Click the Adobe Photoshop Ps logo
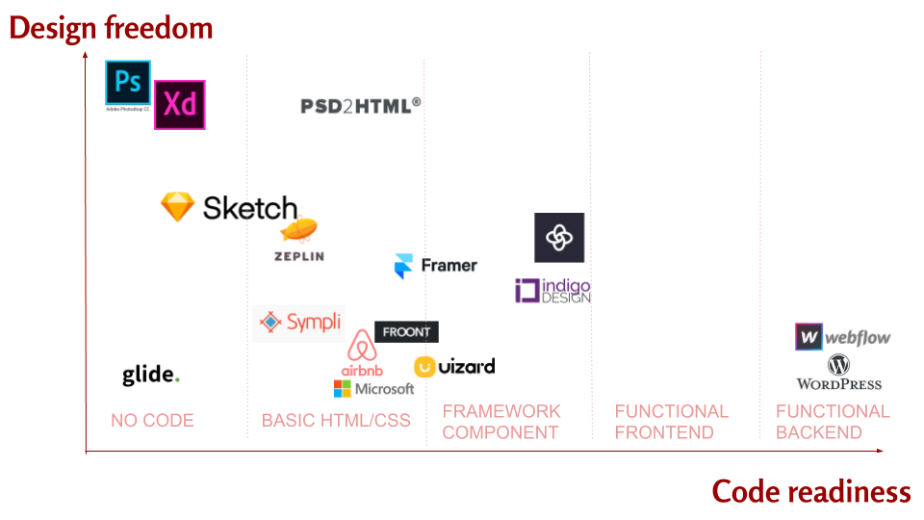pos(128,84)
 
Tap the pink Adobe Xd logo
pos(180,105)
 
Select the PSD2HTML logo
pos(361,105)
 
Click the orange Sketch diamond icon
pos(178,207)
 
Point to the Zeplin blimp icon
pos(300,231)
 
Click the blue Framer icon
pos(403,266)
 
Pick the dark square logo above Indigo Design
pos(559,238)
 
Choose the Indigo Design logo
pos(552,291)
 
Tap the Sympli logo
pos(300,323)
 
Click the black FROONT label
pos(406,332)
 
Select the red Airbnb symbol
pos(362,348)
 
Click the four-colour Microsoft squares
pos(343,389)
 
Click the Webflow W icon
pos(809,337)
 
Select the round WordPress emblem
pos(838,365)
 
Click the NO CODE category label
pos(152,421)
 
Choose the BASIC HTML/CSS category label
pos(336,421)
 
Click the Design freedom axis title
pos(111,28)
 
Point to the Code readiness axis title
pos(810,492)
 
